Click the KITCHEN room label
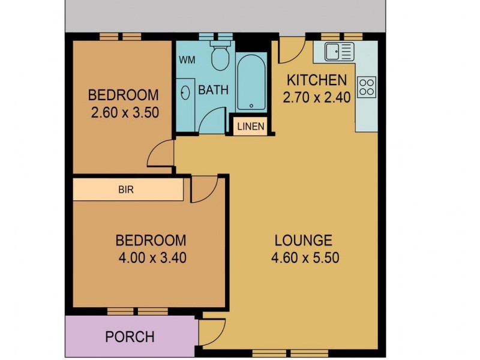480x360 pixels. point(316,80)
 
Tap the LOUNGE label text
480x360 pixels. point(303,241)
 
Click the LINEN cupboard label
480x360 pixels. point(250,127)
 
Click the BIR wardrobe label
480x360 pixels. point(126,190)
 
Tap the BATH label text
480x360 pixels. point(214,91)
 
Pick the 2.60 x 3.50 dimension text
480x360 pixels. point(125,112)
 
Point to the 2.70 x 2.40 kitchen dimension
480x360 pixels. point(317,97)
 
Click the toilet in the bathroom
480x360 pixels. point(220,56)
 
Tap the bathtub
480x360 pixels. point(251,82)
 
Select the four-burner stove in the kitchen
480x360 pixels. point(367,87)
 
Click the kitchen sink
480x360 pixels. point(339,52)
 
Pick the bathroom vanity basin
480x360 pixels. point(185,92)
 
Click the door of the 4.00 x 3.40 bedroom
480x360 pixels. point(204,189)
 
